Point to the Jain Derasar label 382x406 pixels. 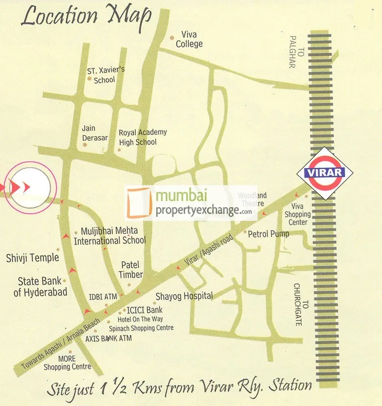[95, 133]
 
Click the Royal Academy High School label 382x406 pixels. [143, 137]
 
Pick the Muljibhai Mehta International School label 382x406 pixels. [110, 235]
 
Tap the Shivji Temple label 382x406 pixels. [32, 257]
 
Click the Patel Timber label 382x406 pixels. [130, 270]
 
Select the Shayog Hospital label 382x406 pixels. [184, 296]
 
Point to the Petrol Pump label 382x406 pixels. [268, 234]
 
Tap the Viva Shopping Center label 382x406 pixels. [298, 214]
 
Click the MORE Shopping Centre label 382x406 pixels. [67, 363]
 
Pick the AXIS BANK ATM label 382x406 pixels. [108, 338]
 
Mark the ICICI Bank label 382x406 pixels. [144, 310]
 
